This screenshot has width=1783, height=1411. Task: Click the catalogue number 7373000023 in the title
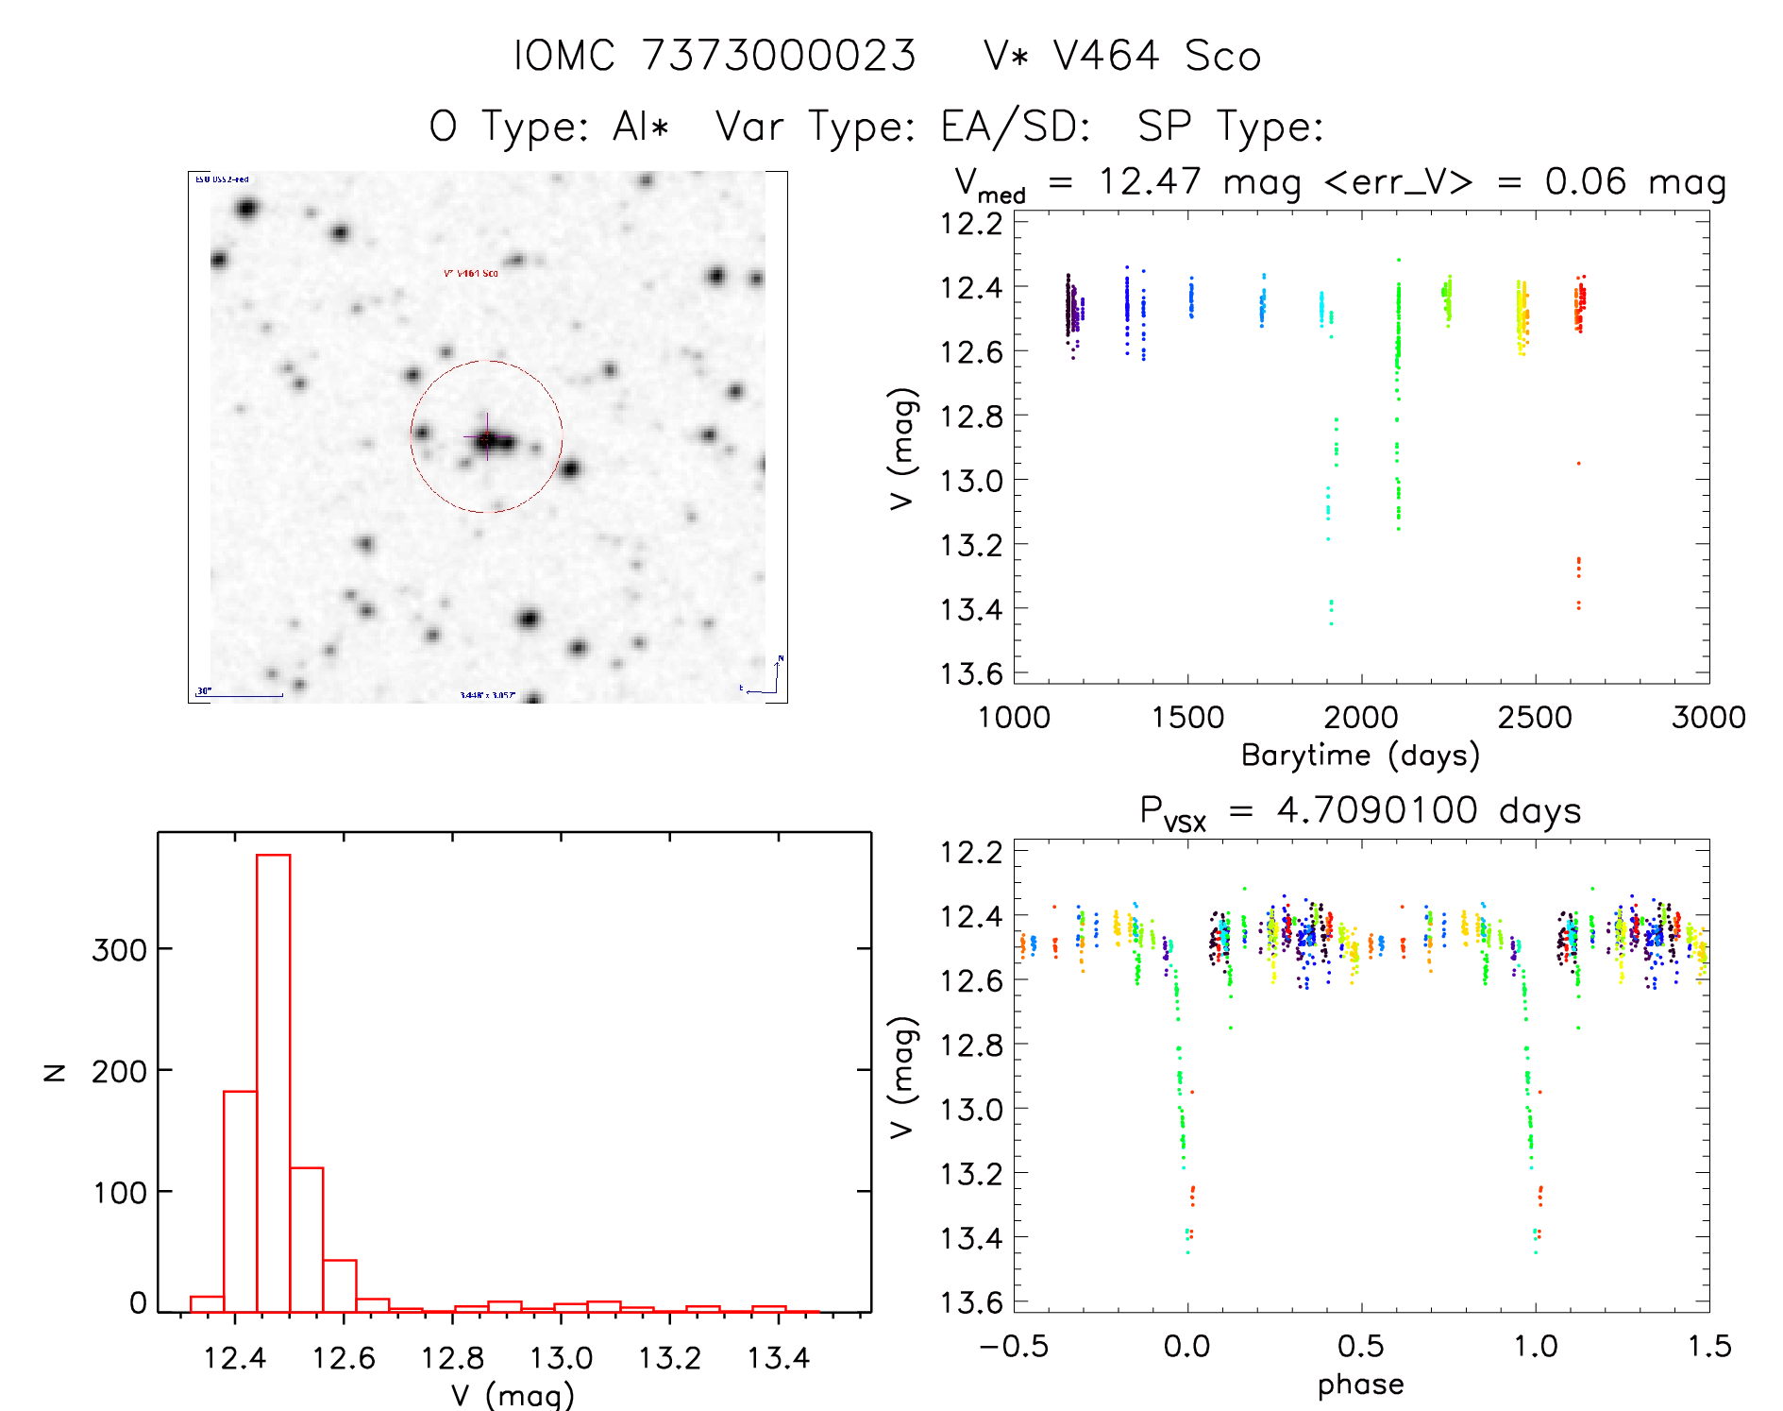(x=779, y=56)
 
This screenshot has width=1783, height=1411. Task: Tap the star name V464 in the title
(x=1105, y=56)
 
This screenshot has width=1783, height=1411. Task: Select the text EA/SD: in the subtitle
(x=1015, y=127)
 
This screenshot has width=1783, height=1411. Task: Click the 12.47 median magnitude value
(x=1150, y=181)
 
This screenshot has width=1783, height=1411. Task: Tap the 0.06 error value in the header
(x=1585, y=181)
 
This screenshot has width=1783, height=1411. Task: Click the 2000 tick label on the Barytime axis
(x=1360, y=718)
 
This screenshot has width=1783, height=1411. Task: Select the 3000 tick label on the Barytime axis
(x=1707, y=718)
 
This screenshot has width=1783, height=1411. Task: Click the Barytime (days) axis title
(x=1360, y=756)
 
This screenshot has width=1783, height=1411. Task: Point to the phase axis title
(x=1360, y=1385)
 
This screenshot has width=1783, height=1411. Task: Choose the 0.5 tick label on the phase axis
(x=1360, y=1347)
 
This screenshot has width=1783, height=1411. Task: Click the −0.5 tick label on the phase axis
(x=1014, y=1347)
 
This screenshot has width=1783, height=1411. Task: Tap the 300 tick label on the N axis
(x=119, y=949)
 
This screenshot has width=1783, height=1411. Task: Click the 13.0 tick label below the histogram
(x=561, y=1358)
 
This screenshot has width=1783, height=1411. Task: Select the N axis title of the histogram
(x=55, y=1072)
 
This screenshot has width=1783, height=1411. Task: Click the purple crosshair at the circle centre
(x=487, y=438)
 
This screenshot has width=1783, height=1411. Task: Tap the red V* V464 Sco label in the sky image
(x=471, y=273)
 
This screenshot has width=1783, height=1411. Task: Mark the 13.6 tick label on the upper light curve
(x=971, y=673)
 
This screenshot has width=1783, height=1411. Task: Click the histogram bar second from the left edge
(x=240, y=1201)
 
